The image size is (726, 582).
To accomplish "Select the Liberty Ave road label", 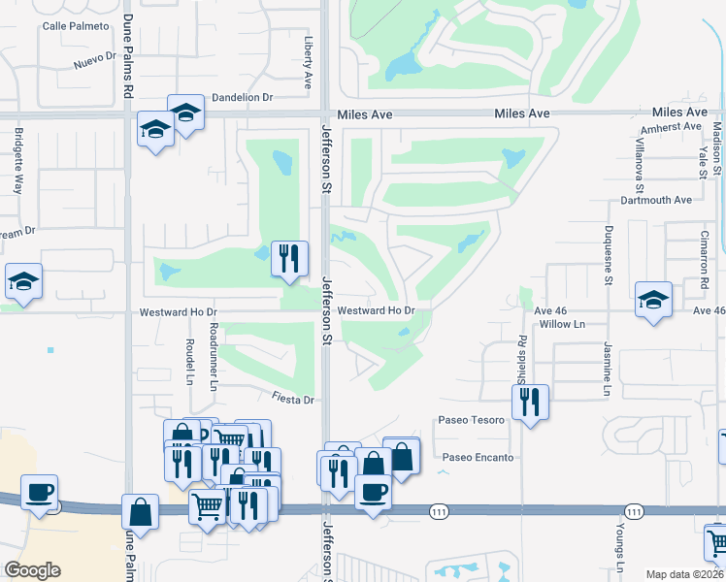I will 309,59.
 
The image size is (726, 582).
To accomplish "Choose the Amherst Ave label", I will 671,127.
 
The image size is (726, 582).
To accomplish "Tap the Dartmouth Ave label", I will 656,200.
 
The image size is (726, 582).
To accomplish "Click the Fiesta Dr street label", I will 294,400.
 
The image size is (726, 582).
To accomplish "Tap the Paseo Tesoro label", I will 473,420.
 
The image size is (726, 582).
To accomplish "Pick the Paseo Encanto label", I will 478,457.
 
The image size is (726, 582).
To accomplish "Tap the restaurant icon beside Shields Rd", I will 530,402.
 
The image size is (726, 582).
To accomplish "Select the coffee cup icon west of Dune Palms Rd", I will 39,492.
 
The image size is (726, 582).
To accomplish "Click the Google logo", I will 32,570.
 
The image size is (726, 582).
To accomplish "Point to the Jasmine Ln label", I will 605,369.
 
